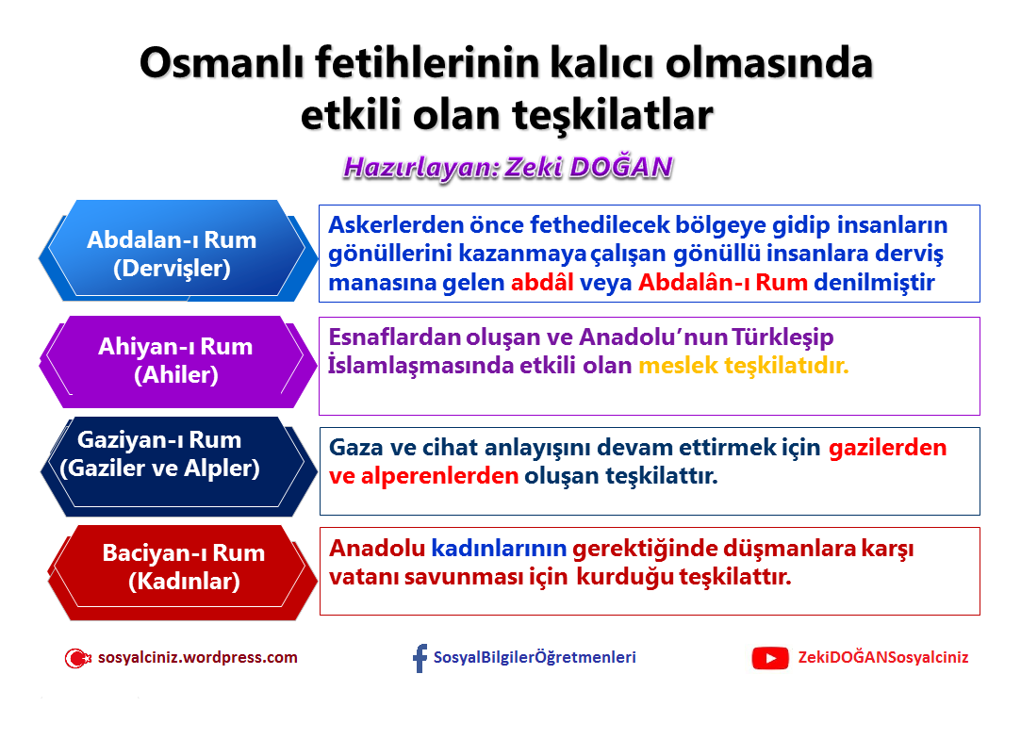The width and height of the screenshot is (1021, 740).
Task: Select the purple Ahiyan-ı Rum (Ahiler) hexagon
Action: pyautogui.click(x=175, y=360)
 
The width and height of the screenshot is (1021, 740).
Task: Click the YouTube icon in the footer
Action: pyautogui.click(x=769, y=658)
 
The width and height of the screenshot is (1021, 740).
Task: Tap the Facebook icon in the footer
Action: pyautogui.click(x=420, y=658)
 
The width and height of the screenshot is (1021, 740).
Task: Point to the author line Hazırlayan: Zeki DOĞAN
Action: pyautogui.click(x=507, y=168)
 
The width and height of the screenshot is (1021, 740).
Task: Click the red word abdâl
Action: pyautogui.click(x=542, y=283)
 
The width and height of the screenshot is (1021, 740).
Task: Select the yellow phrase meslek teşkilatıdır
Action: pyautogui.click(x=743, y=366)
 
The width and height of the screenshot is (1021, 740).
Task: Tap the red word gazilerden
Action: pyautogui.click(x=887, y=448)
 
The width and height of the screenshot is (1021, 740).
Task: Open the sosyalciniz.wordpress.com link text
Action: pyautogui.click(x=197, y=658)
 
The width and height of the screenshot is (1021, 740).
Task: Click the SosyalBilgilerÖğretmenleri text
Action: pyautogui.click(x=535, y=658)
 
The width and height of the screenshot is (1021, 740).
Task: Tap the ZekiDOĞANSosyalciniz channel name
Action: pyautogui.click(x=882, y=658)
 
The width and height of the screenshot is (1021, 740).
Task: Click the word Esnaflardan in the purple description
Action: pyautogui.click(x=395, y=337)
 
